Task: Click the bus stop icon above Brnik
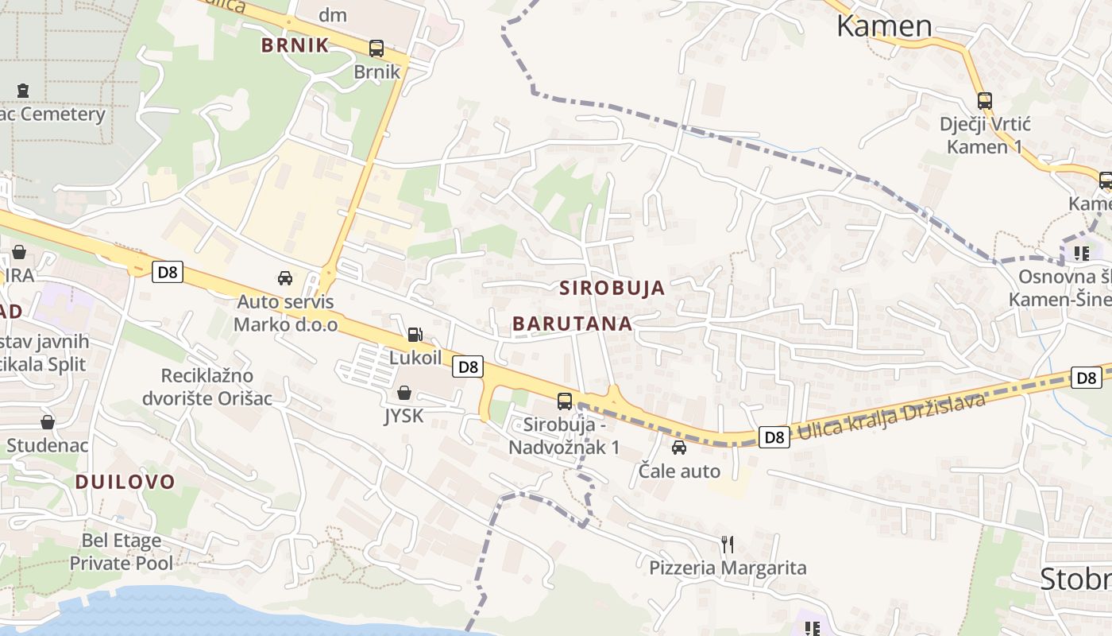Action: pos(376,48)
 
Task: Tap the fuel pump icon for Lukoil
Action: pos(415,335)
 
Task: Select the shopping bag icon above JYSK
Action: pos(404,393)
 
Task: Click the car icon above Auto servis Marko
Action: pos(284,278)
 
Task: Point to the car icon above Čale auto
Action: pos(679,448)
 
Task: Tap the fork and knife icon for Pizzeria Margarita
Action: pos(728,545)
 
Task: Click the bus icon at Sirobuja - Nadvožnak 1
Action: pos(565,401)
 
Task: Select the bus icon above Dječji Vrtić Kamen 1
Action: pos(985,101)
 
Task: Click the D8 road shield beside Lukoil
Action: pos(469,366)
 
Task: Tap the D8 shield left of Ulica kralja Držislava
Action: pos(774,436)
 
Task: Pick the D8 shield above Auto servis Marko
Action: pos(168,273)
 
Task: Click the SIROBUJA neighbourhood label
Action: pos(612,288)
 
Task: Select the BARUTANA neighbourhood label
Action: pos(573,324)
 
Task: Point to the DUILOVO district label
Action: pos(125,481)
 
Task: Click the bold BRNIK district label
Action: pos(295,45)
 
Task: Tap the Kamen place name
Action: pos(884,25)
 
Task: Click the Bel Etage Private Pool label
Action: pos(121,552)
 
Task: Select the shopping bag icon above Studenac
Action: pos(48,422)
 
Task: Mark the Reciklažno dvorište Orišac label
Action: pos(207,386)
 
